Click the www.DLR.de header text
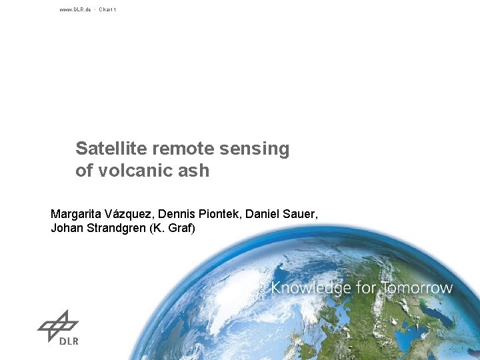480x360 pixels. click(75, 9)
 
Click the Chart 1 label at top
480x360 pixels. click(107, 9)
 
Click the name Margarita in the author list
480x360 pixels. click(77, 215)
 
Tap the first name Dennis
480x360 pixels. click(184, 215)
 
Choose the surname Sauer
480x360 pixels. click(302, 215)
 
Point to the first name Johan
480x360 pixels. click(67, 229)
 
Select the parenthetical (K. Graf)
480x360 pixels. click(173, 229)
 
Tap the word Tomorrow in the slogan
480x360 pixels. click(419, 289)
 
